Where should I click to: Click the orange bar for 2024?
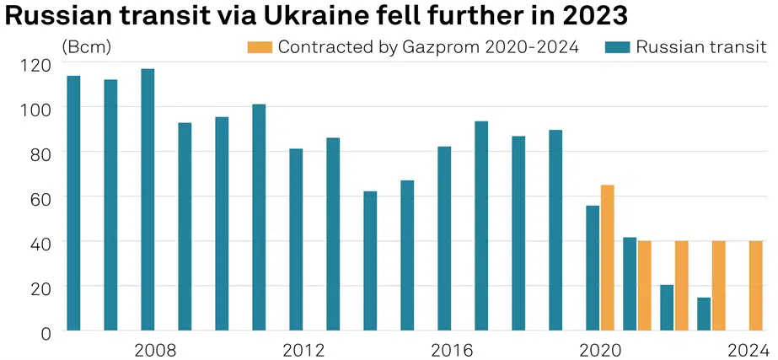pyautogui.click(x=756, y=286)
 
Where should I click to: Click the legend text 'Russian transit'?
pyautogui.click(x=700, y=47)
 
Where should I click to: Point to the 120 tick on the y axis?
pyautogui.click(x=40, y=64)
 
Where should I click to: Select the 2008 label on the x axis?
pyautogui.click(x=155, y=350)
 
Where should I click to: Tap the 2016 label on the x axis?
pyautogui.click(x=452, y=350)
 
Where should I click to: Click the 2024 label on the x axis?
pyautogui.click(x=748, y=350)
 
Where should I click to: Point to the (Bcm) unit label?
pyautogui.click(x=86, y=47)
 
